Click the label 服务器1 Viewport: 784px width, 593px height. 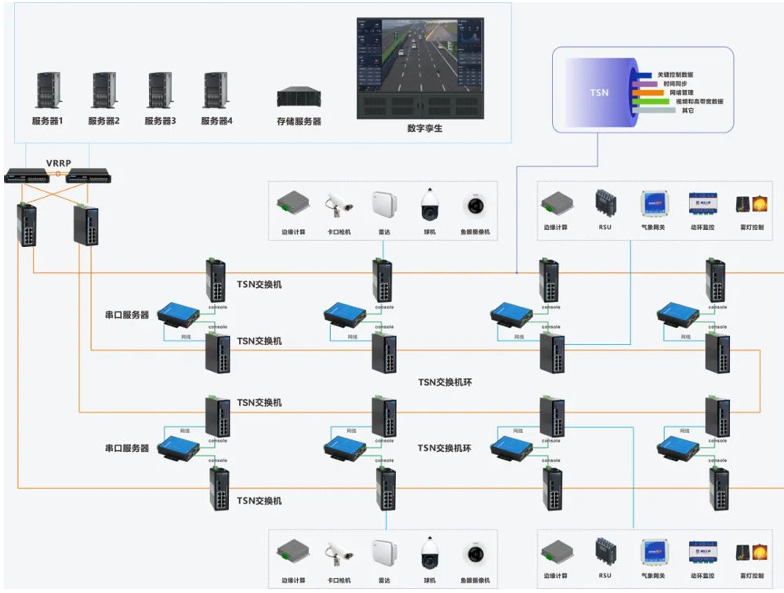(47, 121)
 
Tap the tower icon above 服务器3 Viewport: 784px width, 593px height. (159, 90)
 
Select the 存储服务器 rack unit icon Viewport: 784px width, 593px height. (299, 96)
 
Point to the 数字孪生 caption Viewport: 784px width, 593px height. (425, 128)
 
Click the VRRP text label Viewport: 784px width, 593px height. (58, 163)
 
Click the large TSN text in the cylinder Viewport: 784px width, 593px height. (599, 93)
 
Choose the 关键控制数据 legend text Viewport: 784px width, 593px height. (675, 75)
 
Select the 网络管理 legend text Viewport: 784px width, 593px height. (673, 93)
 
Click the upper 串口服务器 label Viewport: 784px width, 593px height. (127, 315)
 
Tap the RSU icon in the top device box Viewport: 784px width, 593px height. (604, 205)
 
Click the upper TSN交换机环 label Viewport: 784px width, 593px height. (444, 382)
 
